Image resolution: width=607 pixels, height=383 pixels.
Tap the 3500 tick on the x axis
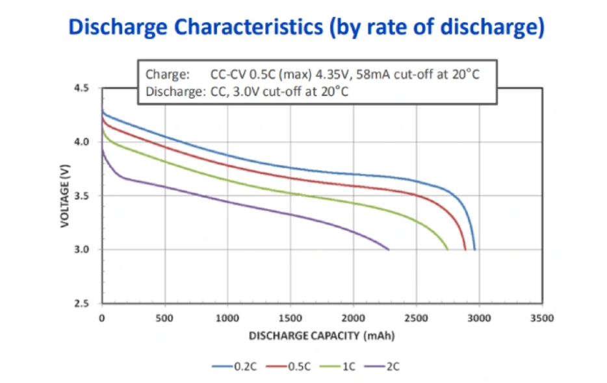(x=542, y=318)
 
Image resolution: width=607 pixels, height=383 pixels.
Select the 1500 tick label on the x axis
(x=291, y=318)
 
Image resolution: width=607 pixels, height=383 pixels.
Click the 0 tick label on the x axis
(x=102, y=318)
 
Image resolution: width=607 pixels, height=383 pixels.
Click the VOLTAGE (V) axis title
(x=65, y=195)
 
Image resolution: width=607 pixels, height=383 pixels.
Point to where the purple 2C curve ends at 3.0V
(x=389, y=249)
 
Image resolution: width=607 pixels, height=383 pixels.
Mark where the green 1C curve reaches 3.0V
(x=448, y=249)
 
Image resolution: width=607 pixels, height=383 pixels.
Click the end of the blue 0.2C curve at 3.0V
(x=475, y=249)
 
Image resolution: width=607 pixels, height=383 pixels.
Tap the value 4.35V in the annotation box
(x=341, y=74)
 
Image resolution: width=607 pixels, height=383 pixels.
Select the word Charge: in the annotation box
(x=167, y=74)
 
